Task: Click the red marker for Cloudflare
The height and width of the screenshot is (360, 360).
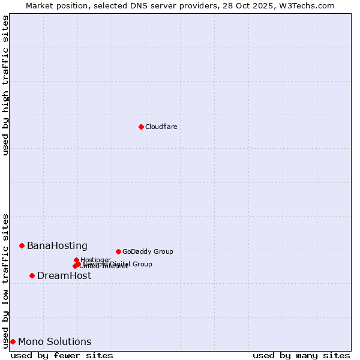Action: coord(141,127)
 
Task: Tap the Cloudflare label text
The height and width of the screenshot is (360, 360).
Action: coord(161,127)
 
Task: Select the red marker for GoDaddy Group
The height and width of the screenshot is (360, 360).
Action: coord(118,251)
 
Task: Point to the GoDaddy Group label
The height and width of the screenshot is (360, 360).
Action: coord(148,251)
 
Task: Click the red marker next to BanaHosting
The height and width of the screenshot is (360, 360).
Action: coord(22,245)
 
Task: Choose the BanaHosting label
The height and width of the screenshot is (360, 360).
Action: coord(57,245)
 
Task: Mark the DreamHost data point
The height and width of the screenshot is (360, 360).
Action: coord(32,275)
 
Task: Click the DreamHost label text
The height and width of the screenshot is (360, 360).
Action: coord(64,275)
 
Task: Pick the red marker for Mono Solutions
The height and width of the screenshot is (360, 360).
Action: coord(13,341)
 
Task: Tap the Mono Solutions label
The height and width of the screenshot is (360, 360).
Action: coord(55,341)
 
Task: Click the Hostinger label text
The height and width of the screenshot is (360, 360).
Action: coord(95,260)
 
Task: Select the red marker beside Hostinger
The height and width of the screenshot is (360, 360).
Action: coord(76,260)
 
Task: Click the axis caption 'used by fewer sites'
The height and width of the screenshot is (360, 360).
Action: coord(62,355)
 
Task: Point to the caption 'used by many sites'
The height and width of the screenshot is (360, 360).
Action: coord(301,355)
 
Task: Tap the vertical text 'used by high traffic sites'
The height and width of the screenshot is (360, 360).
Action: coord(5,85)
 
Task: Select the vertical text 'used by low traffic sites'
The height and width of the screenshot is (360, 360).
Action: coord(5,280)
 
